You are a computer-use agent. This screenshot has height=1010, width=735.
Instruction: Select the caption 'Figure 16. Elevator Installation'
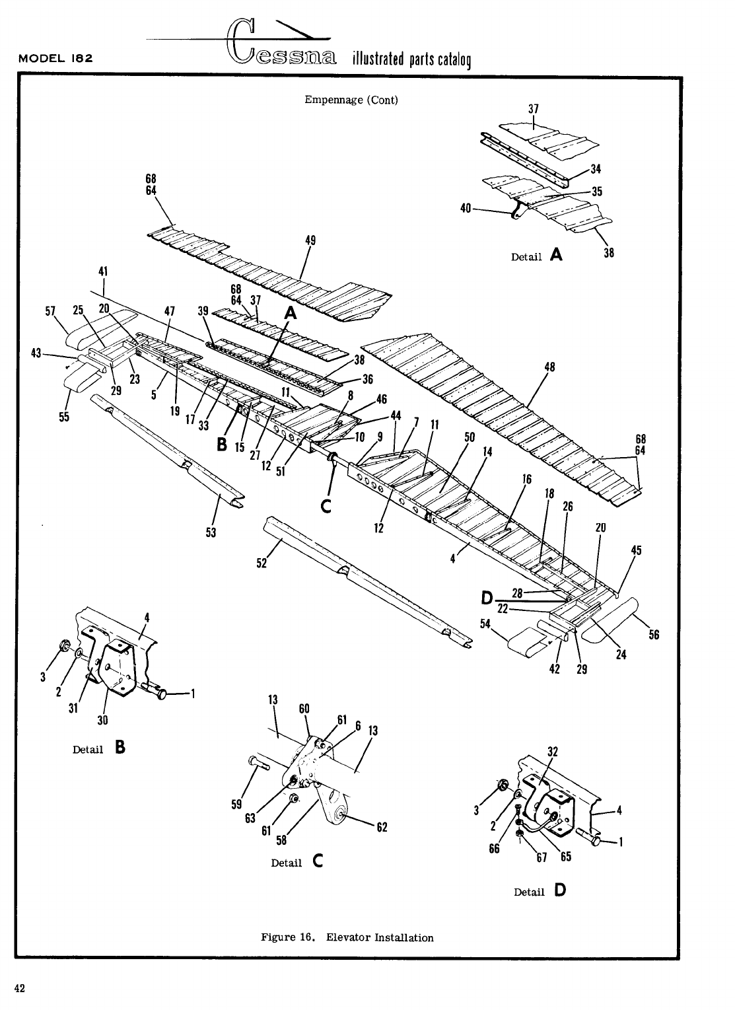pyautogui.click(x=347, y=937)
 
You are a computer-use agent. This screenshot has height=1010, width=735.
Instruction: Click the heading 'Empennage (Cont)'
pyautogui.click(x=351, y=100)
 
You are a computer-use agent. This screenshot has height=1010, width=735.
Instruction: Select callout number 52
pyautogui.click(x=262, y=563)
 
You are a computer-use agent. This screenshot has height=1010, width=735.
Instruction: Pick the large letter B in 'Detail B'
pyautogui.click(x=120, y=747)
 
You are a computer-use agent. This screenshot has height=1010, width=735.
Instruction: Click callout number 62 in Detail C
pyautogui.click(x=381, y=827)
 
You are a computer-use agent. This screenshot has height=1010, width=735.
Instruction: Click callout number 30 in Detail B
pyautogui.click(x=103, y=719)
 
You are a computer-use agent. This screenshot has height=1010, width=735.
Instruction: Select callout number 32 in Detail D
pyautogui.click(x=553, y=751)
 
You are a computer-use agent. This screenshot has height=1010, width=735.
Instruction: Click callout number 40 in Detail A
pyautogui.click(x=465, y=209)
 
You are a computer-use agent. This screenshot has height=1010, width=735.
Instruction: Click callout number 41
pyautogui.click(x=103, y=271)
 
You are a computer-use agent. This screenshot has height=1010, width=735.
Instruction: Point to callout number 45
pyautogui.click(x=636, y=550)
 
